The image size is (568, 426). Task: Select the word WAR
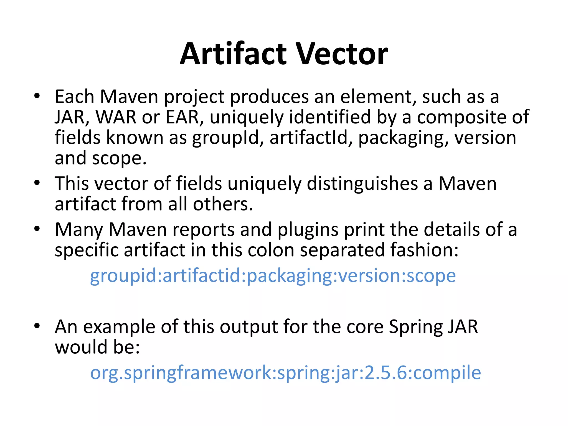pyautogui.click(x=116, y=117)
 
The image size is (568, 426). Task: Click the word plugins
pyautogui.click(x=308, y=230)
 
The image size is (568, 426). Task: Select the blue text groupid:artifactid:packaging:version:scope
pyautogui.click(x=273, y=276)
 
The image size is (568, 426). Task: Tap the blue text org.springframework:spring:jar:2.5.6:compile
pyautogui.click(x=286, y=373)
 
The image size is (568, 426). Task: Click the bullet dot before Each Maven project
pyautogui.click(x=37, y=96)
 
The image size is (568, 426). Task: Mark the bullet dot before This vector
pyautogui.click(x=37, y=183)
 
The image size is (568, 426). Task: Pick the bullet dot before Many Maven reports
pyautogui.click(x=37, y=229)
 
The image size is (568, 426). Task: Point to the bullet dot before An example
pyautogui.click(x=37, y=326)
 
